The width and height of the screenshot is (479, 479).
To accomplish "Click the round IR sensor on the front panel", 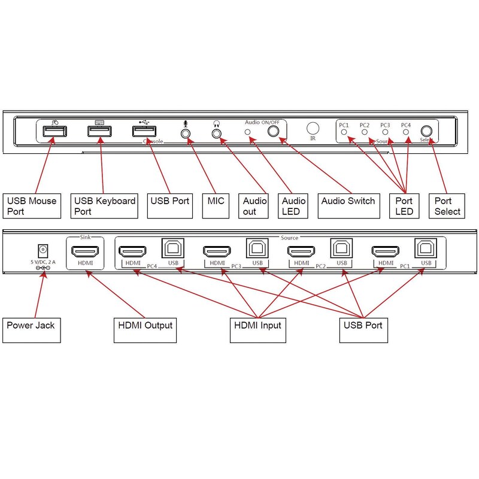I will click(313, 128).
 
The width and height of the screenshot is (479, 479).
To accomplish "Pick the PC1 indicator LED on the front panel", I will click(344, 131).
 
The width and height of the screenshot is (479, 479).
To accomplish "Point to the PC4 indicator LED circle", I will click(406, 131).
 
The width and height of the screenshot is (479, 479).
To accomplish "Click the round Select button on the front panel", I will click(426, 131).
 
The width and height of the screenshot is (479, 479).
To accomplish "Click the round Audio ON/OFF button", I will click(275, 132).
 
